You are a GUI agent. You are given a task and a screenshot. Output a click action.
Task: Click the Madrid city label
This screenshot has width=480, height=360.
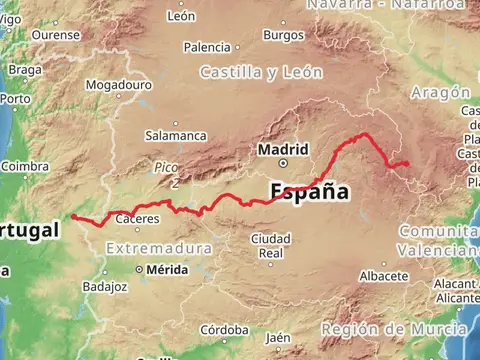coord(276,150)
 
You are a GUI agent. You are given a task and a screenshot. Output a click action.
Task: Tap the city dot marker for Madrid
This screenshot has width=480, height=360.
coord(283,162)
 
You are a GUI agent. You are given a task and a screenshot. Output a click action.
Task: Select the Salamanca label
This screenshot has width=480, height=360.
coord(176,135)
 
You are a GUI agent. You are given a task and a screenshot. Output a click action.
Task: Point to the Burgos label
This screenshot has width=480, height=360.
coord(283,35)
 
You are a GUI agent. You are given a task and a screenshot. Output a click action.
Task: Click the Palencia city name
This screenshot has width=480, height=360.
coord(207,47)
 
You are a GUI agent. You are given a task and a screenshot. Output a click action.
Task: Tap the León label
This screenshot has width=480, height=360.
coord(182,16)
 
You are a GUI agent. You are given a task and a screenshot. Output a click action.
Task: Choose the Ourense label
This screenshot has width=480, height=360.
coord(56,34)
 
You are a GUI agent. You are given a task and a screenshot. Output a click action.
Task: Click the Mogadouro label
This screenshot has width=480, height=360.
coord(117,86)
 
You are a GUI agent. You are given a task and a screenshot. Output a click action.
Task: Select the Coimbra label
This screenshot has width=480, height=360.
coord(26,166)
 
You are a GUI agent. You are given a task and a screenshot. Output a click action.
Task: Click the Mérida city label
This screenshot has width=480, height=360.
coord(166,270)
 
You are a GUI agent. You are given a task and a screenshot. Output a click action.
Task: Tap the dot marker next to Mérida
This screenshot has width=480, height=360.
coord(140,270)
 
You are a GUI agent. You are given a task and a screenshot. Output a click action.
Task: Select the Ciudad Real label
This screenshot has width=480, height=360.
coord(271,246)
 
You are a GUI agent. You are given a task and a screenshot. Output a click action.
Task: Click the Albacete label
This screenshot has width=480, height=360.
coord(383,275)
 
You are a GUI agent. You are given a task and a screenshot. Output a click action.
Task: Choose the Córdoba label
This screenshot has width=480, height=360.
coord(224,329)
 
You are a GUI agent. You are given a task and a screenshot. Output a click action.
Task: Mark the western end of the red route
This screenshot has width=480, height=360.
coord(73,216)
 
